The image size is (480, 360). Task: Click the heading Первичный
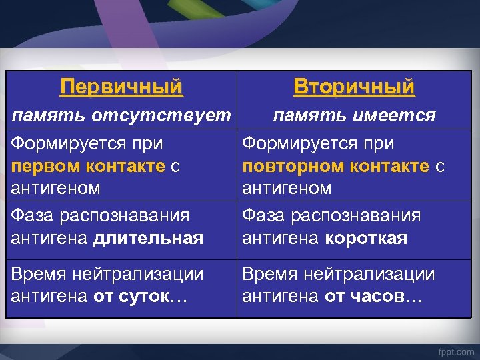click(121, 87)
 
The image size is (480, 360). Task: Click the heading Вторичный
click(354, 87)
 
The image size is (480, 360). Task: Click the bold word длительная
click(148, 238)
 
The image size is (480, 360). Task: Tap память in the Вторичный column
click(305, 116)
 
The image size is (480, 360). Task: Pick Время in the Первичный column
click(39, 274)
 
